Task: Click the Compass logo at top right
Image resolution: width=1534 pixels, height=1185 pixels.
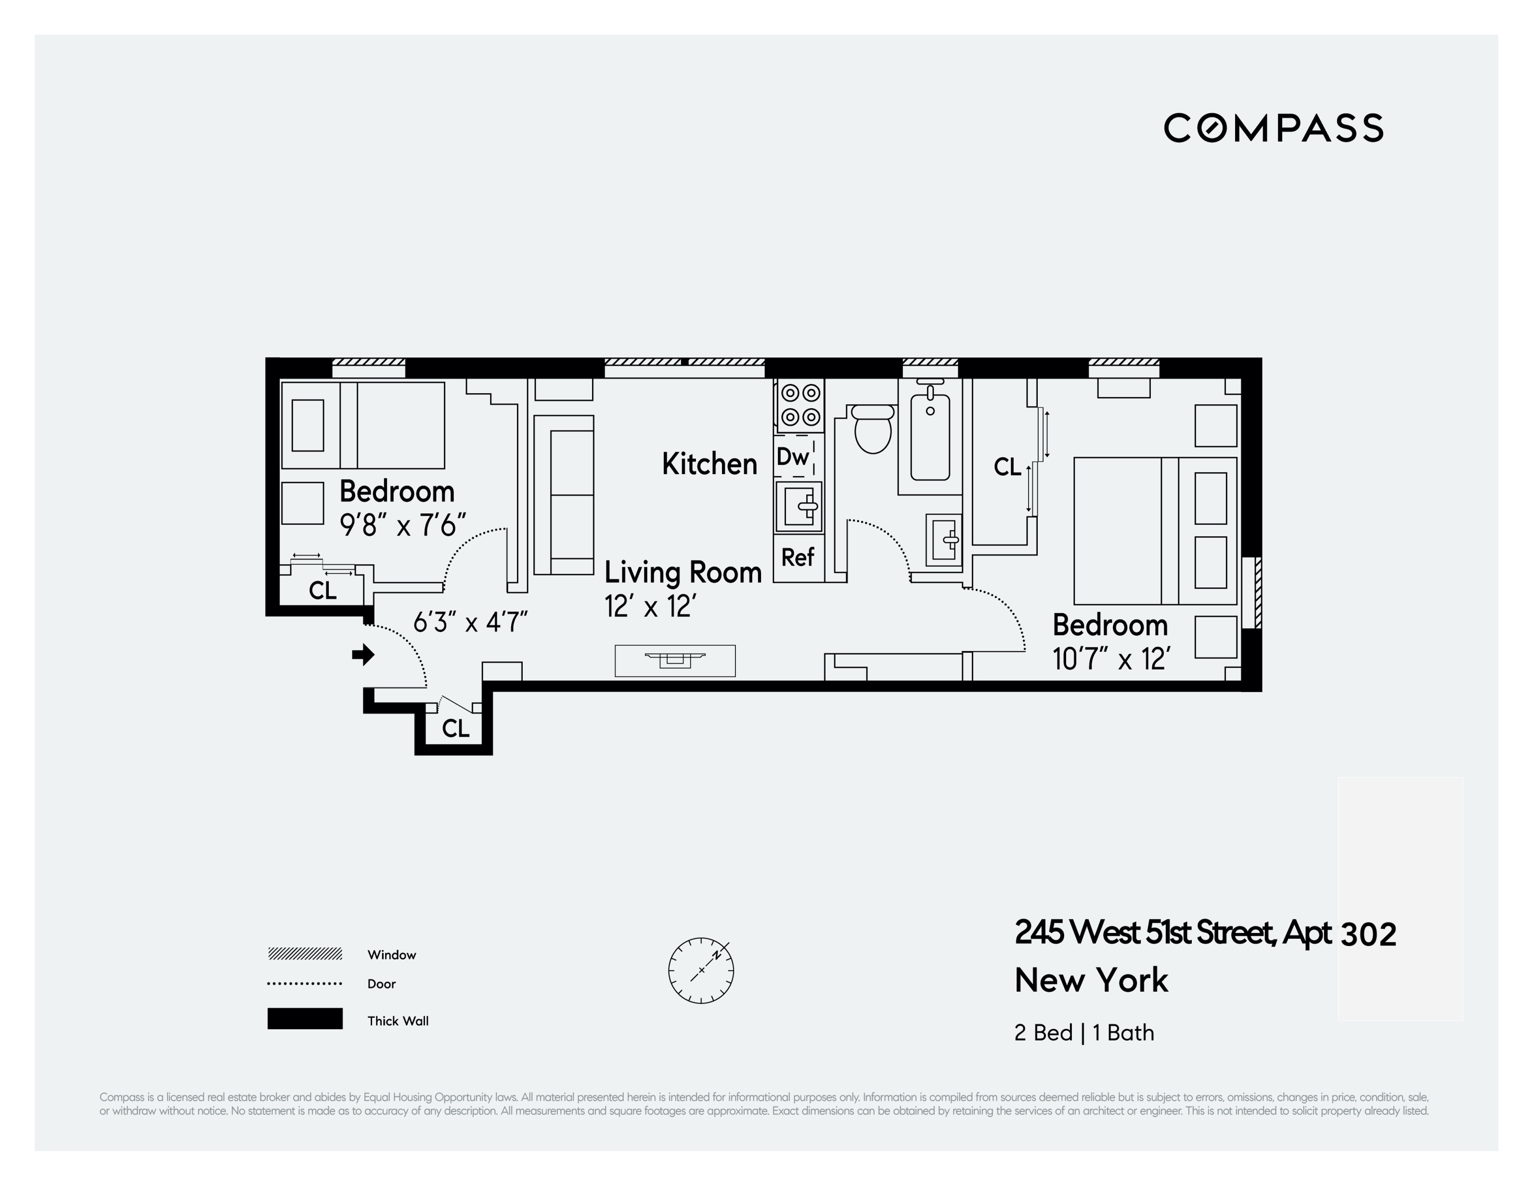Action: coord(1273,128)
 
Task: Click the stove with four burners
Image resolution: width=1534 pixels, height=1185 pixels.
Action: coord(800,406)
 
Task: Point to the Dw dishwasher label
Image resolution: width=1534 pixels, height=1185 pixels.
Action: coord(793,457)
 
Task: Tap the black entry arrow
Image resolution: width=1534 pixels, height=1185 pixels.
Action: coord(363,655)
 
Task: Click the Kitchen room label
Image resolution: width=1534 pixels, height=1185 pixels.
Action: coord(709,464)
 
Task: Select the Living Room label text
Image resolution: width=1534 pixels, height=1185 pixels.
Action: coord(683,572)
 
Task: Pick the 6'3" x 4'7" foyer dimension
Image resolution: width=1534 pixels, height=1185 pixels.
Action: coord(470,622)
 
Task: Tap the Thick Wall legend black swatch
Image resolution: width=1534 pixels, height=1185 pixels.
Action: coord(305,1018)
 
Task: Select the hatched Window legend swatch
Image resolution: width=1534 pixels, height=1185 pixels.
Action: coord(305,954)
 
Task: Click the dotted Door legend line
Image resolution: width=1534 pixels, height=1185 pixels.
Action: coord(305,983)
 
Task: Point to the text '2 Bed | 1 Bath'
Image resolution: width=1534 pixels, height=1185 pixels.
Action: coord(1084,1032)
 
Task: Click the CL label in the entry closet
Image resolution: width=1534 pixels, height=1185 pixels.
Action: coord(455,728)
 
